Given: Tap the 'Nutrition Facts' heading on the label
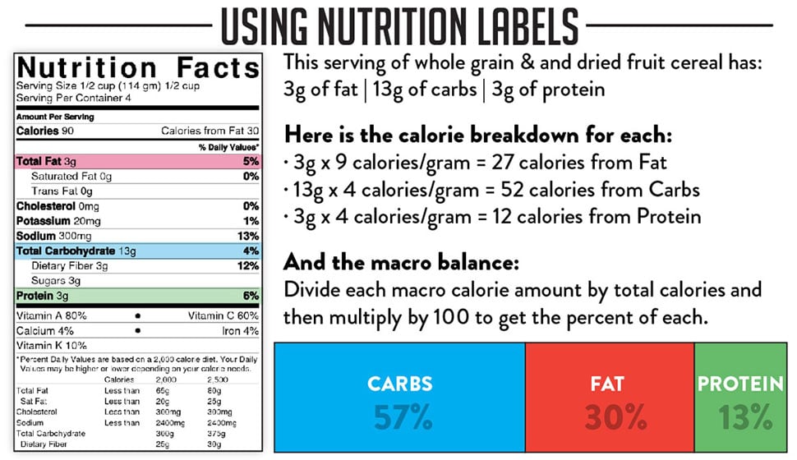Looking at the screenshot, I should tap(138, 69).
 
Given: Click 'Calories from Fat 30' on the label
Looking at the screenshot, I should tap(210, 131).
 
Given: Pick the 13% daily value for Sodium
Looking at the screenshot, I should tap(247, 236).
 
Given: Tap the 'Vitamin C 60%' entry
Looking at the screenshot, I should tap(223, 315).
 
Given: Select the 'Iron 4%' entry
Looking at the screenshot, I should tap(240, 331).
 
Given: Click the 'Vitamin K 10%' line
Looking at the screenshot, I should tap(51, 346).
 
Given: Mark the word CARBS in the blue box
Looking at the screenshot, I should tap(400, 384).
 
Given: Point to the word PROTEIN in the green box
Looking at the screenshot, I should tap(740, 384).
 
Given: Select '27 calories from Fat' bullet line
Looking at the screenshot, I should tap(476, 163).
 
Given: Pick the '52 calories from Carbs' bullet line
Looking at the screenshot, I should tap(491, 190).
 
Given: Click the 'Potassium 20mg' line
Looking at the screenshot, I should tap(58, 221).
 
